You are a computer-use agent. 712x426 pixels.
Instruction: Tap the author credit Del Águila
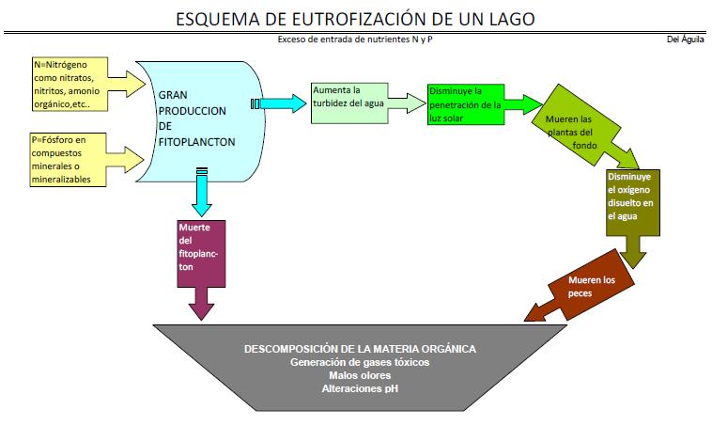click(x=685, y=39)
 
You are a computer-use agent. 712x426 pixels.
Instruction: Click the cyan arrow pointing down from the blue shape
click(x=200, y=195)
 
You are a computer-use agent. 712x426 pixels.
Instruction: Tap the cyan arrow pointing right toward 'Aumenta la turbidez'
click(x=282, y=103)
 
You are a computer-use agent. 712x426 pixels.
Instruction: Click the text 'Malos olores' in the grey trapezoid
click(x=360, y=374)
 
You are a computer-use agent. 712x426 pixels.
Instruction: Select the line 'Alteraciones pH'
click(x=360, y=387)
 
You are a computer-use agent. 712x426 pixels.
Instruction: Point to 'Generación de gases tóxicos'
click(x=360, y=362)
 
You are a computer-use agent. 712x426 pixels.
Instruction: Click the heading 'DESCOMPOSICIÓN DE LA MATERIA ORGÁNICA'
click(x=360, y=348)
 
